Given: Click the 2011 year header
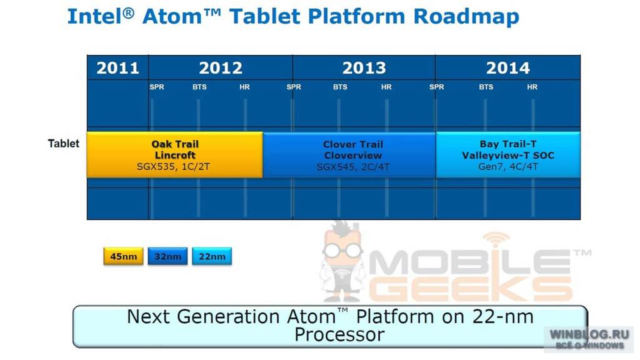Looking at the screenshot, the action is [x=117, y=67].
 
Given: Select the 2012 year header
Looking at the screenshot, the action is [x=221, y=67].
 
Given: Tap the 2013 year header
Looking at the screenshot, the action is [x=364, y=67].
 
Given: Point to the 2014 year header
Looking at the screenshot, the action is [x=507, y=67].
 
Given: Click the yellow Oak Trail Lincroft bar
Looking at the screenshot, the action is [x=175, y=155].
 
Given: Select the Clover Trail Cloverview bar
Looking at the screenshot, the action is [x=349, y=155].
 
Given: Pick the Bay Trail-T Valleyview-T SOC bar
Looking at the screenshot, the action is [x=508, y=155].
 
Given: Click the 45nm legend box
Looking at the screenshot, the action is [x=123, y=256].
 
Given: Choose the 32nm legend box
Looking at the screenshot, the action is [x=167, y=256].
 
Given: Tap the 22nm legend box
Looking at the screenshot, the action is [x=212, y=256].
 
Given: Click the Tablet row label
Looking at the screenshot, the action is [x=63, y=144].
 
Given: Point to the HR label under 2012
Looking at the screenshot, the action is [x=244, y=87].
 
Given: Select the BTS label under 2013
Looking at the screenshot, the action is [x=340, y=87].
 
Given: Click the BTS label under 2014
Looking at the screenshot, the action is [x=486, y=87].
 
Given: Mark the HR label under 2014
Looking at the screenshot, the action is [x=532, y=87].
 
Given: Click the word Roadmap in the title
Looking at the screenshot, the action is [x=466, y=17].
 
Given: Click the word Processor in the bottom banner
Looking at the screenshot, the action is [x=339, y=335].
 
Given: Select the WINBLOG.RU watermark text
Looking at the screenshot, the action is [x=589, y=334].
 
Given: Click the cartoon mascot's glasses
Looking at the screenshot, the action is [x=342, y=250].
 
